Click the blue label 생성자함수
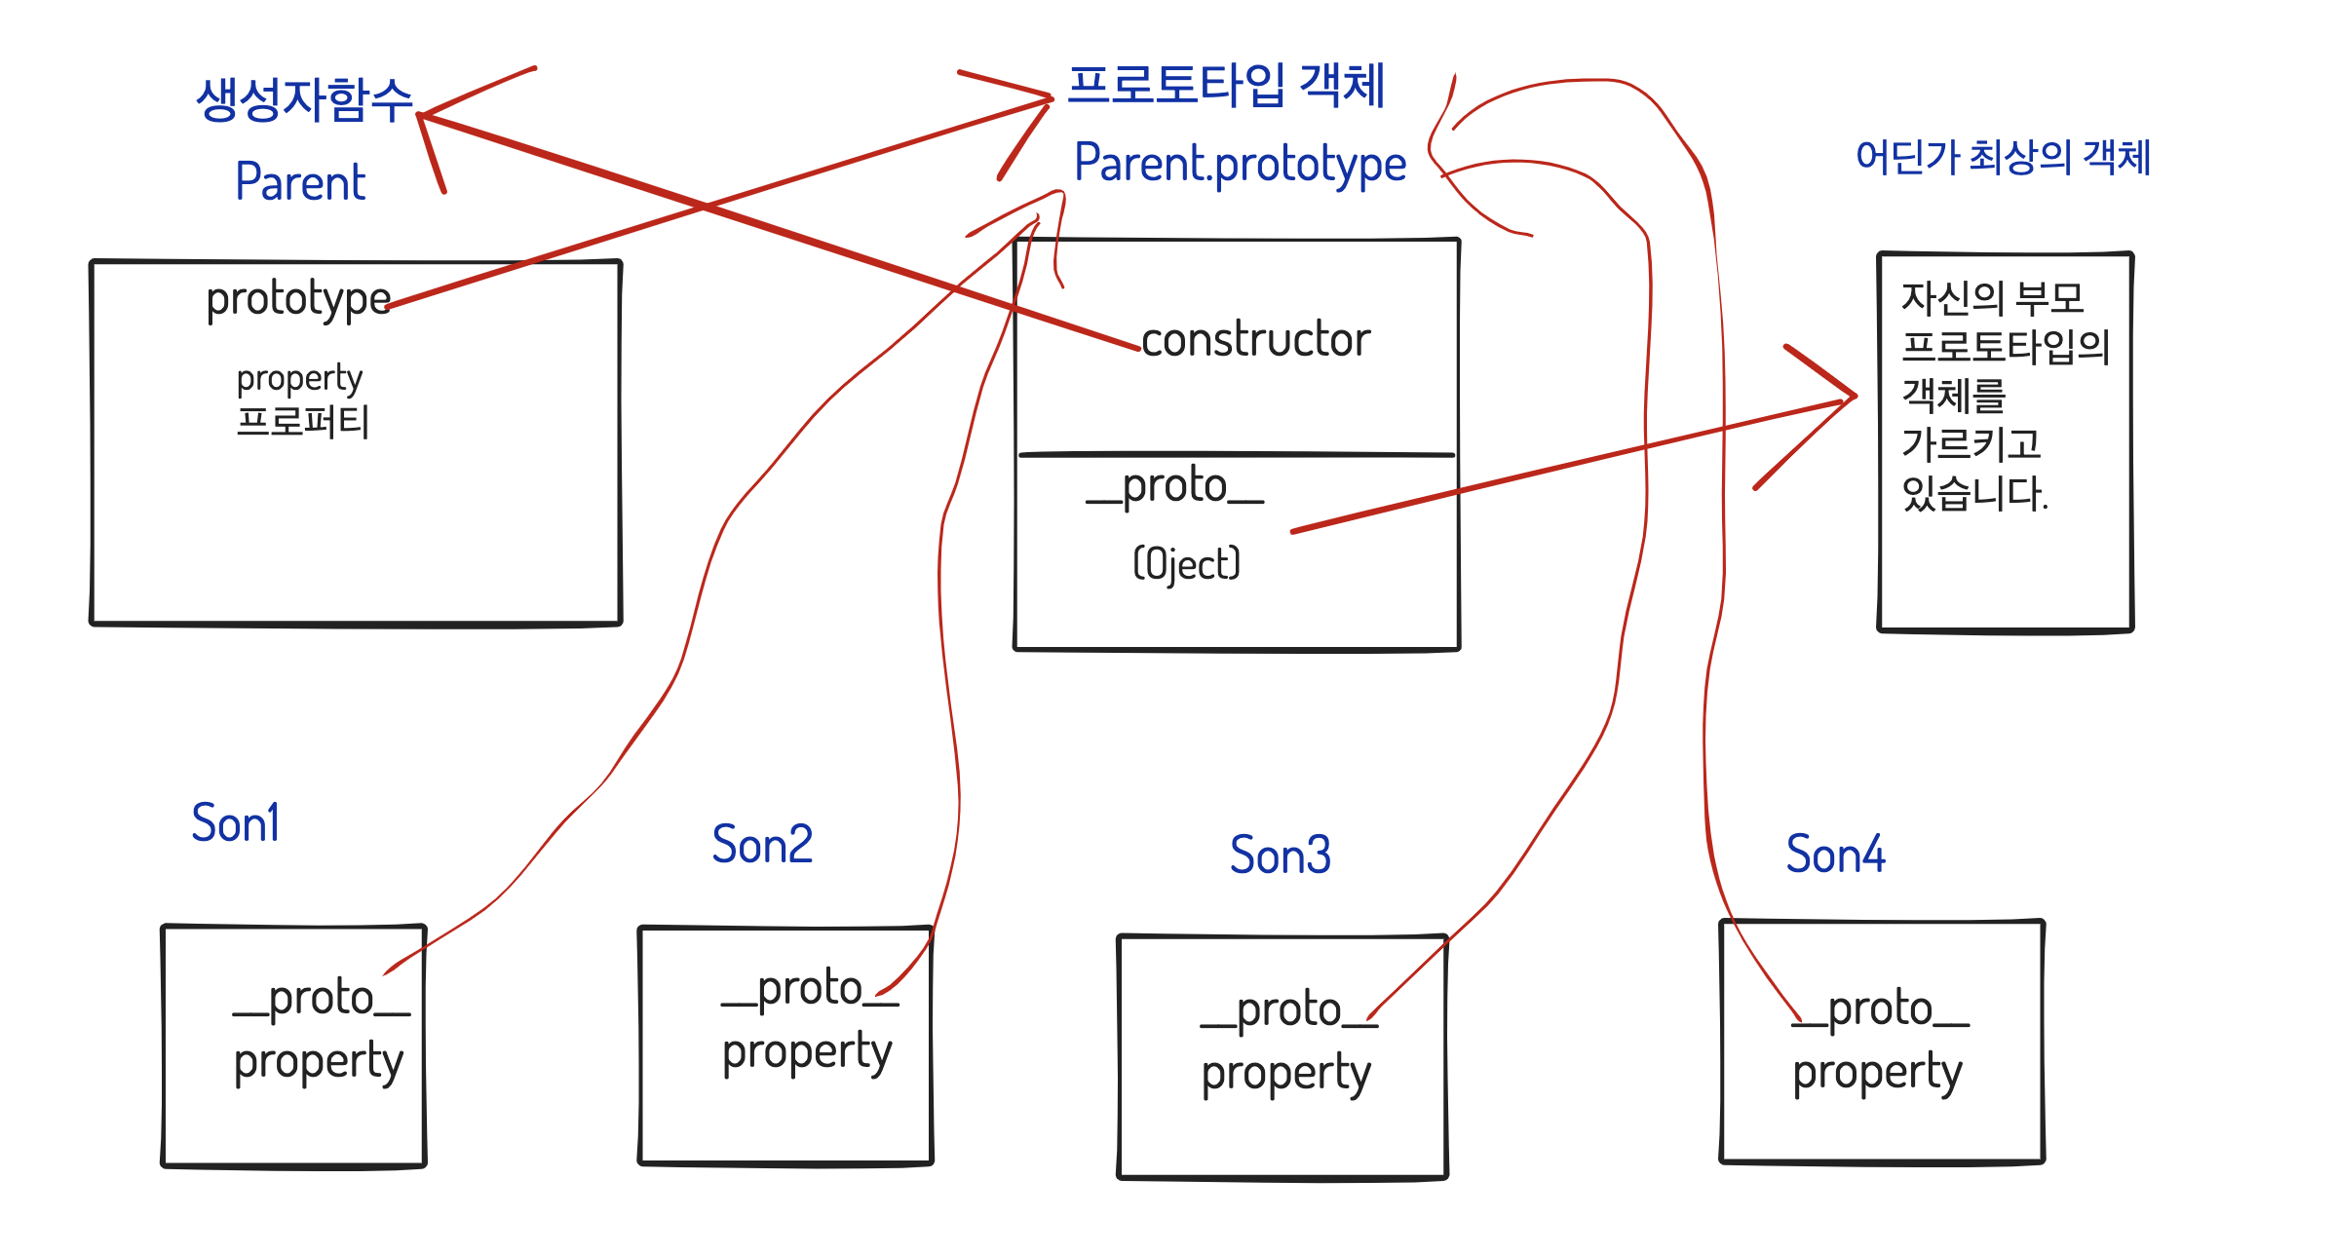point(304,99)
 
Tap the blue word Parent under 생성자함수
point(300,182)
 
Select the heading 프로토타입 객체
point(1226,86)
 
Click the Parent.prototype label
point(1240,164)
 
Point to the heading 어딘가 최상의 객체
point(2003,157)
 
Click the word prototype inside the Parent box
point(298,299)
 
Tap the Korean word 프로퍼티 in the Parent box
point(302,422)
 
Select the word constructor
point(1255,339)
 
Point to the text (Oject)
point(1187,564)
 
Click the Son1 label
point(236,823)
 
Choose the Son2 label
point(762,845)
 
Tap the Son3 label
point(1280,856)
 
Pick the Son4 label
point(1835,855)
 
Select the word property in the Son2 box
point(807,1052)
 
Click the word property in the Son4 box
point(1877,1073)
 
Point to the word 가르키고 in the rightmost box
point(1971,444)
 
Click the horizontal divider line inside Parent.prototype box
point(1236,455)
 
